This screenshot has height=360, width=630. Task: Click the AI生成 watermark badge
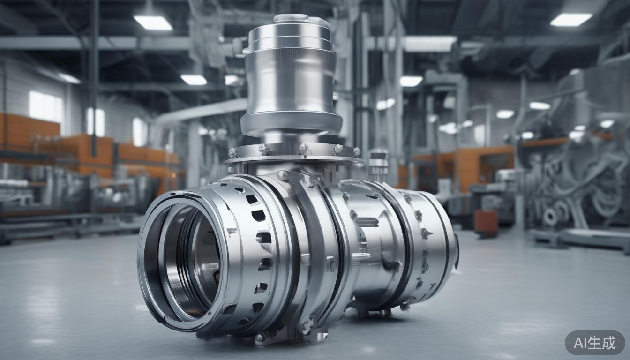(x=594, y=343)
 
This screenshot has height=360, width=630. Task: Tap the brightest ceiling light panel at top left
(x=153, y=22)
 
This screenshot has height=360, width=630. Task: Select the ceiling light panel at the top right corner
(x=571, y=19)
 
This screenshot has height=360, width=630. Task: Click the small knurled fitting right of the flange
(x=378, y=164)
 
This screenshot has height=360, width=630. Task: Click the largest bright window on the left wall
(x=45, y=106)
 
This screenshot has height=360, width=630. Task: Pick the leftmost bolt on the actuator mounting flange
(x=233, y=153)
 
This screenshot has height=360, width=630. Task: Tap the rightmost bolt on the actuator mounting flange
(x=356, y=152)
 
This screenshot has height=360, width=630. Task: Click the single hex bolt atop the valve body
(x=283, y=176)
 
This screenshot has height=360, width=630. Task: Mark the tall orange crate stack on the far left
(x=28, y=136)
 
